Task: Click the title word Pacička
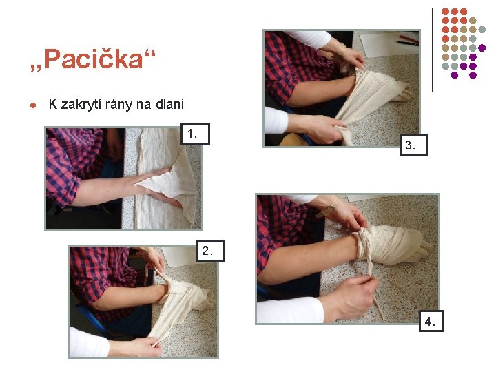94,59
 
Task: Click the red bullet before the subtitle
33,105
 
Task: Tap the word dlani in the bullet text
170,104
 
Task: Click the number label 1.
196,134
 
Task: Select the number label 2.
211,251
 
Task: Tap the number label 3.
414,145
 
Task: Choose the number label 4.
431,321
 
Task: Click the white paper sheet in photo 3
386,43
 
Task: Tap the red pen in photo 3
408,39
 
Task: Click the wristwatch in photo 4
326,210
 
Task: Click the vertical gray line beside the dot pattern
432,50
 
